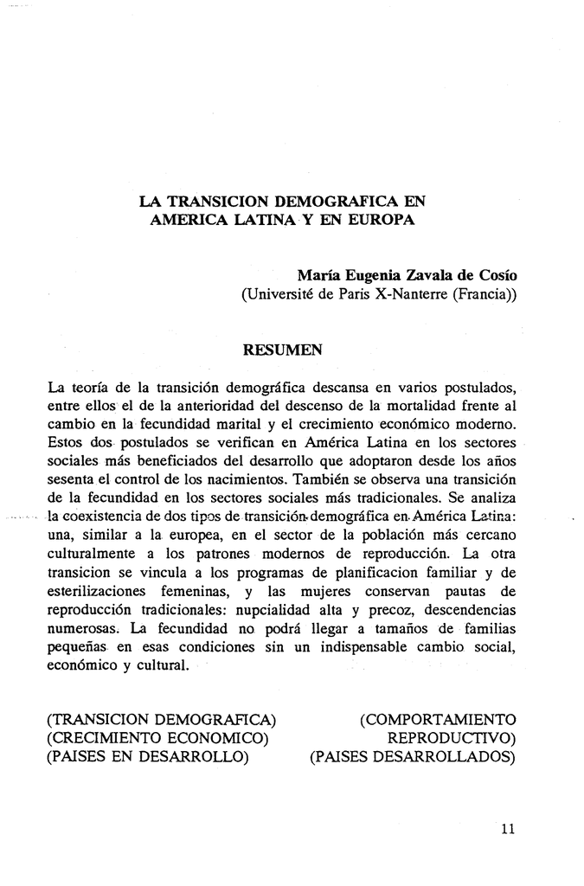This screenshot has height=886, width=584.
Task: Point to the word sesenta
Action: [72, 479]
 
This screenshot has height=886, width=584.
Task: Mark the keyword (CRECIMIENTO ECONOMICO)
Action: [158, 739]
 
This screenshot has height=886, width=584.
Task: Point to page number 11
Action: [508, 828]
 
